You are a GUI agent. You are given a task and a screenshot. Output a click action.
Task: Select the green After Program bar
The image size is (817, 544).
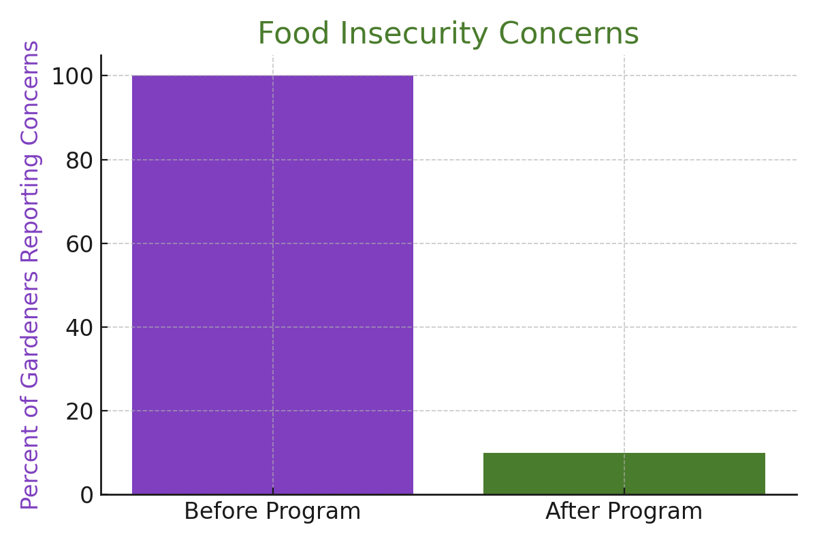[624, 473]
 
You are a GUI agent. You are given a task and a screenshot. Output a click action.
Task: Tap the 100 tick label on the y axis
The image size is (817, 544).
[72, 76]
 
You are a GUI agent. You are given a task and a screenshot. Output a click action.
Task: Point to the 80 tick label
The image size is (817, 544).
[79, 160]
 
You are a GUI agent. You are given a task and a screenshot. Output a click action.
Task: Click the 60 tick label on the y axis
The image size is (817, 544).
[79, 244]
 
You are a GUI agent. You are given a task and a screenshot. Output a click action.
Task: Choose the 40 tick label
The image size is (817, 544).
[79, 328]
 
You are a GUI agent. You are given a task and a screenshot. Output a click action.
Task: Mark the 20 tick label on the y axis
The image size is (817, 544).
[79, 411]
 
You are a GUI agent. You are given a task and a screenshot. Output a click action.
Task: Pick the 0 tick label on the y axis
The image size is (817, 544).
[86, 495]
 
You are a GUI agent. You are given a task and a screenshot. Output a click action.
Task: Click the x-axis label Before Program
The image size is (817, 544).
[272, 511]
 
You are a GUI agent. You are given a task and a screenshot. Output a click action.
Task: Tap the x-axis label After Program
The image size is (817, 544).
[624, 511]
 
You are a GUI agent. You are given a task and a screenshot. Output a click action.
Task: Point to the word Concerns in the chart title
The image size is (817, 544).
[568, 34]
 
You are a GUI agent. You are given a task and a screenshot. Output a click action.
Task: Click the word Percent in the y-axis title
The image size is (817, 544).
[31, 469]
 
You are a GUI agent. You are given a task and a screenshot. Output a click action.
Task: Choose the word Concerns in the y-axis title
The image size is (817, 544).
[31, 92]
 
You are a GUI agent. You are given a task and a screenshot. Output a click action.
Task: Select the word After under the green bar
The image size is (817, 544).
[571, 511]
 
